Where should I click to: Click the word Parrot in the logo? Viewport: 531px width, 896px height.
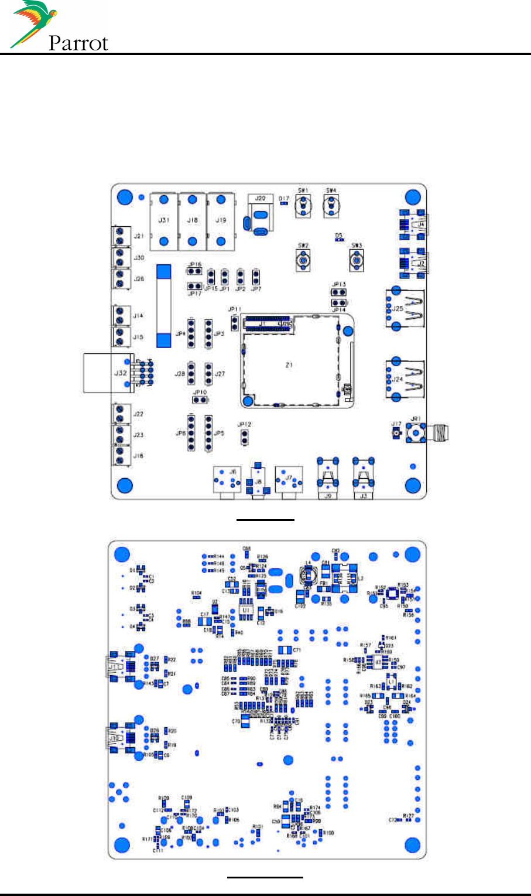coord(78,43)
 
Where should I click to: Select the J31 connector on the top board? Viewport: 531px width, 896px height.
coord(165,220)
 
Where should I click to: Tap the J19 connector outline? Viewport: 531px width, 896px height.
coord(221,220)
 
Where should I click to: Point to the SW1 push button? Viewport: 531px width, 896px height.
coord(303,205)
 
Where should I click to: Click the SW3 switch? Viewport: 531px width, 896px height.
coord(357,258)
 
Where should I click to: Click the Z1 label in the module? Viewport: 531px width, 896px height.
coord(289,365)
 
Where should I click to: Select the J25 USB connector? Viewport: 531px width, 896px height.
coord(404,307)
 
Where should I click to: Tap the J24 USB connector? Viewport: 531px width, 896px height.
coord(404,379)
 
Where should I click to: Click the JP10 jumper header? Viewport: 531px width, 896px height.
coord(200,400)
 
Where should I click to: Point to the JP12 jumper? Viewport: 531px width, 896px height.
coord(245,435)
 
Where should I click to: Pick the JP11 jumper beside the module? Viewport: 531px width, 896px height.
coord(235,322)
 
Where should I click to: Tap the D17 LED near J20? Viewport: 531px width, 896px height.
coord(284,203)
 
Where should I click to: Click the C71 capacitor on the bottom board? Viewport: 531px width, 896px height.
coord(285,650)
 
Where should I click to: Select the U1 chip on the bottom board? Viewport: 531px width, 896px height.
coord(246,610)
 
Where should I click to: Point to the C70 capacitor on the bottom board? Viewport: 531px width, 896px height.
coord(245,722)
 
